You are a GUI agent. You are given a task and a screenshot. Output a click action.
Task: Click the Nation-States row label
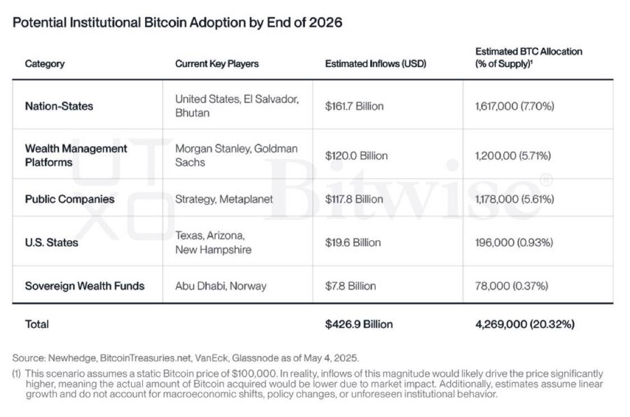(x=59, y=106)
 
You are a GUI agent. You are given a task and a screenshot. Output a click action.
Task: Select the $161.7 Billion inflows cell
(x=354, y=106)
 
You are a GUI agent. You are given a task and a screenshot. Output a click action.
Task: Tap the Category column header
(x=44, y=64)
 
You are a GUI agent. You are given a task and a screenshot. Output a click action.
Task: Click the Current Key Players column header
(x=217, y=64)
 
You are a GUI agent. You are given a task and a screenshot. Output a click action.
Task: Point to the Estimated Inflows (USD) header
(x=375, y=64)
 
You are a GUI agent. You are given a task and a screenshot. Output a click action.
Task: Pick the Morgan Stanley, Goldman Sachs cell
(x=236, y=155)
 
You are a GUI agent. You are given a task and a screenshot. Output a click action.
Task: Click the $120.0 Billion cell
(x=356, y=156)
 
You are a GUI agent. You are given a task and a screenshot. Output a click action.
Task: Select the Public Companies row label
(x=69, y=199)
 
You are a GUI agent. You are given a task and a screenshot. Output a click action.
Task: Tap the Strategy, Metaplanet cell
(x=224, y=199)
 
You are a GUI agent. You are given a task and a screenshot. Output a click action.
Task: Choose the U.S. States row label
(x=52, y=242)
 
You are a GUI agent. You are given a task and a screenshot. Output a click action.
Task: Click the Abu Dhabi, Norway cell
(x=221, y=286)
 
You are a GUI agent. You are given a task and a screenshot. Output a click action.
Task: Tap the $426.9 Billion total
(x=358, y=324)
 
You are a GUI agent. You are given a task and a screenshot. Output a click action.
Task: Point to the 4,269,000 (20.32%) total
(x=525, y=324)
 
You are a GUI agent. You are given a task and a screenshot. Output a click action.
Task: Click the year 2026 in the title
(x=325, y=23)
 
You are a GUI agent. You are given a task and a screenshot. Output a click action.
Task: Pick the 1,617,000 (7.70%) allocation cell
(x=514, y=106)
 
